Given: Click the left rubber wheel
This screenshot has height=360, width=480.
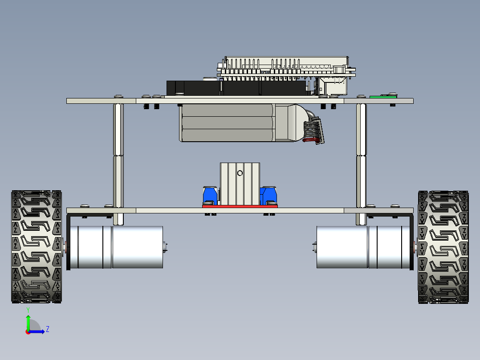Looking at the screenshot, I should click(x=37, y=247).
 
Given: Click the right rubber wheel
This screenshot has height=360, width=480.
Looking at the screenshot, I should click(x=443, y=247).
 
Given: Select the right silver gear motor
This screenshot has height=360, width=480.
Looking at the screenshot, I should click(x=361, y=247).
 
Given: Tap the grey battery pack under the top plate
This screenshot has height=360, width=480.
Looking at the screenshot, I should click(x=227, y=123).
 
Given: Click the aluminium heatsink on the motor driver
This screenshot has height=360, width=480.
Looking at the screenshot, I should click(x=240, y=183).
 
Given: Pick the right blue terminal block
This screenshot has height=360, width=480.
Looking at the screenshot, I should click(x=270, y=195).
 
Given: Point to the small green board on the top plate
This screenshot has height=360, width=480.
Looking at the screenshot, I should click(x=383, y=96).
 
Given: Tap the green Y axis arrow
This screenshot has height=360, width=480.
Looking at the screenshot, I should click(x=28, y=321).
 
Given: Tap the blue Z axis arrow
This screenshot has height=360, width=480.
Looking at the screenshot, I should click(x=38, y=331).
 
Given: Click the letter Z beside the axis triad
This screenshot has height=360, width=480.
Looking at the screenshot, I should click(x=47, y=329).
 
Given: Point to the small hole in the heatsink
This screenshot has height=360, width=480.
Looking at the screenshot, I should click(x=240, y=173).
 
